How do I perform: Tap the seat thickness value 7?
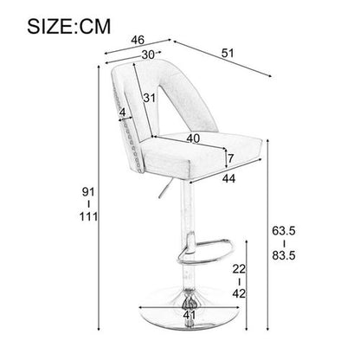[x=229, y=158]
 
